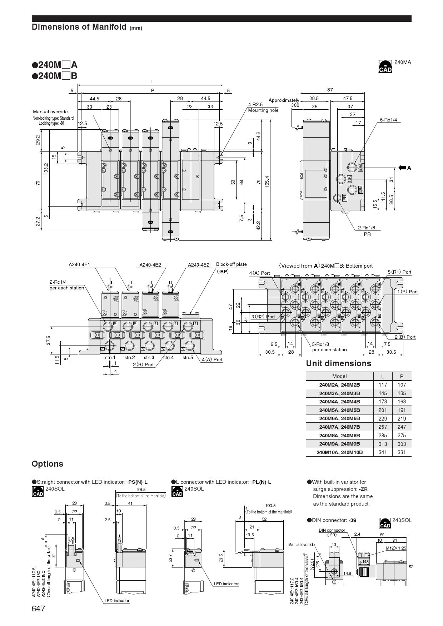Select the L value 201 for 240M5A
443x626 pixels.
(x=383, y=410)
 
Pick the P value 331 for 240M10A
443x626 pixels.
(x=402, y=452)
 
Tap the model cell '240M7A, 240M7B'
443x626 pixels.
(x=339, y=427)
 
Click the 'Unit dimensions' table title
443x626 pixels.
(x=338, y=364)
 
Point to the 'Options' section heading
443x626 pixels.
(x=47, y=464)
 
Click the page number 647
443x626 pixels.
(x=39, y=608)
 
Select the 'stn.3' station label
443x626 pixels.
(x=149, y=358)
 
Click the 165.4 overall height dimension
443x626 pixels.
(x=267, y=182)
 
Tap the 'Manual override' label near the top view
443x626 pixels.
(x=50, y=112)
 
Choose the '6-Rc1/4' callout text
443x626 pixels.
(x=388, y=120)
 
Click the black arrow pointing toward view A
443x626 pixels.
(x=402, y=168)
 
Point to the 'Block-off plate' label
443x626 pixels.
(x=231, y=264)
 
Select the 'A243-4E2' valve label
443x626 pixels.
(x=199, y=265)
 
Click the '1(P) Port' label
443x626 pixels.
(x=408, y=292)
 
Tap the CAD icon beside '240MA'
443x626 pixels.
(x=385, y=67)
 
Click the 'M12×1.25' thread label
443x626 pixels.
(x=396, y=548)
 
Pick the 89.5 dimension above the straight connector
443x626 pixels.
(x=141, y=490)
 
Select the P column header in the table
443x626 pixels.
(x=402, y=376)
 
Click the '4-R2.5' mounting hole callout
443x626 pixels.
(x=255, y=105)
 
